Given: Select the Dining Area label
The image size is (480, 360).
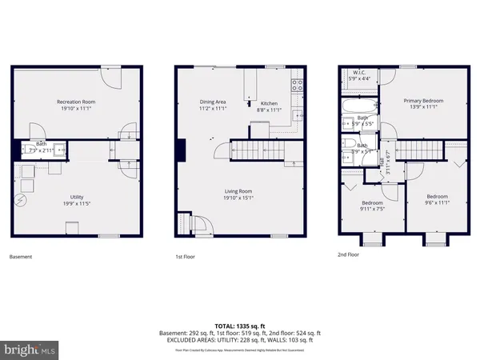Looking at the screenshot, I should pos(212,102).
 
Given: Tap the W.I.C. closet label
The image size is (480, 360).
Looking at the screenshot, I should pos(361,74).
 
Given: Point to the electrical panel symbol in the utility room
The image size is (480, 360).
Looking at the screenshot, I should pos(22,201).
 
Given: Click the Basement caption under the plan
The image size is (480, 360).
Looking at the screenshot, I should pos(22,257).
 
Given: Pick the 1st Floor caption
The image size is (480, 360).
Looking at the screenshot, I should pos(186,257).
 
